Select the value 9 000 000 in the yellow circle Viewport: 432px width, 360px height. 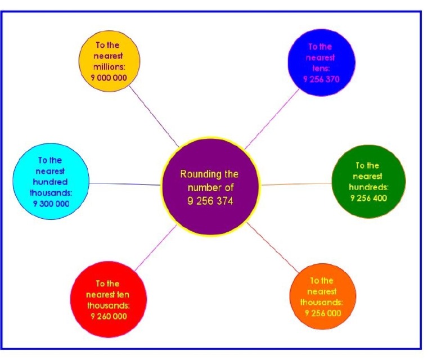point(109,77)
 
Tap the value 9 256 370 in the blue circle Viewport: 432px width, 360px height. point(321,79)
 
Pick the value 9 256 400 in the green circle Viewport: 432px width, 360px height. point(368,197)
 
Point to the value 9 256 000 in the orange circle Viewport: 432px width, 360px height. point(323,313)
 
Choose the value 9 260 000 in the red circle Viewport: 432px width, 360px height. point(109,316)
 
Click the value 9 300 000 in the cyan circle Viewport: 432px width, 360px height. point(50,204)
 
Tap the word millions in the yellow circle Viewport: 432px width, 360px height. point(109,66)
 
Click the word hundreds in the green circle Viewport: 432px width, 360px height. point(368,187)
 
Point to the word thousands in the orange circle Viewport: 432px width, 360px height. point(322,302)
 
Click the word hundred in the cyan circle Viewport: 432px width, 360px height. point(50,182)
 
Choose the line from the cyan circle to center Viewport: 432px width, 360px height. point(125,183)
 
